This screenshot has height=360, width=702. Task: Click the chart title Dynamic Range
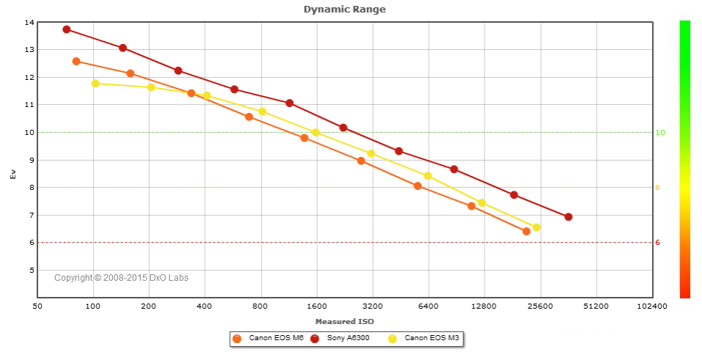coord(344,10)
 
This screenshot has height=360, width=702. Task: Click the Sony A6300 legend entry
coord(344,339)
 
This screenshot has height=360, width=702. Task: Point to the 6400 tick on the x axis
coord(428,306)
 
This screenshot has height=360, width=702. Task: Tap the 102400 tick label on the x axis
coord(651,306)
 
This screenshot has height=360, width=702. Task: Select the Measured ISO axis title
coord(344,321)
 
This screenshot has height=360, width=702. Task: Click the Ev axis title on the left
coord(12,174)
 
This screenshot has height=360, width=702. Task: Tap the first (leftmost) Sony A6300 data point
coord(67,29)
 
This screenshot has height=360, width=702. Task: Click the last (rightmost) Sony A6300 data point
coord(568,217)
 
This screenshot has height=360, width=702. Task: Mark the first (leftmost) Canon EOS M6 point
coord(76,62)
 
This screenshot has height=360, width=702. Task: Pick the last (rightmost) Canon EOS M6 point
coord(526,232)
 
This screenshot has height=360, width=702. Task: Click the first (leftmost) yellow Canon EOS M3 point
coord(95,84)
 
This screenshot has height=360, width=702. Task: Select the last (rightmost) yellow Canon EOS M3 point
coord(536,227)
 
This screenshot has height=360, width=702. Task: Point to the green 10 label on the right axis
coord(659,133)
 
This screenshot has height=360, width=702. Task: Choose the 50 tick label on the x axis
coord(37,306)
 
